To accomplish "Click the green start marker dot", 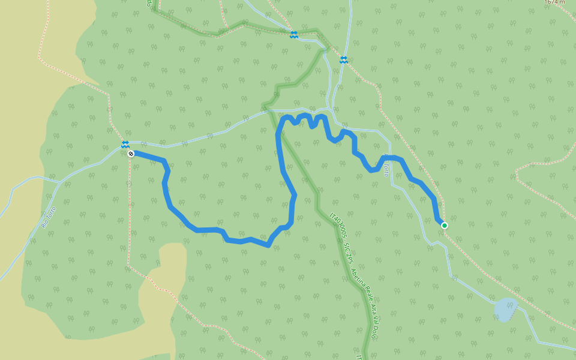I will click(445, 226).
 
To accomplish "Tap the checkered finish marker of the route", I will click(131, 154).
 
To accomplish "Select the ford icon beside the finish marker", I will click(125, 145).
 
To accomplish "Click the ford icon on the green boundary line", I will click(293, 35).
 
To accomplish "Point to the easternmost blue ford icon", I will click(343, 59).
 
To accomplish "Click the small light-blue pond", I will click(505, 309).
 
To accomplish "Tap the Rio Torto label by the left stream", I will click(49, 217).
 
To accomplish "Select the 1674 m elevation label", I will click(554, 2).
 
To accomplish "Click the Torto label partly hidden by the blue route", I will click(386, 167).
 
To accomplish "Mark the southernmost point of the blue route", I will click(268, 245).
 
